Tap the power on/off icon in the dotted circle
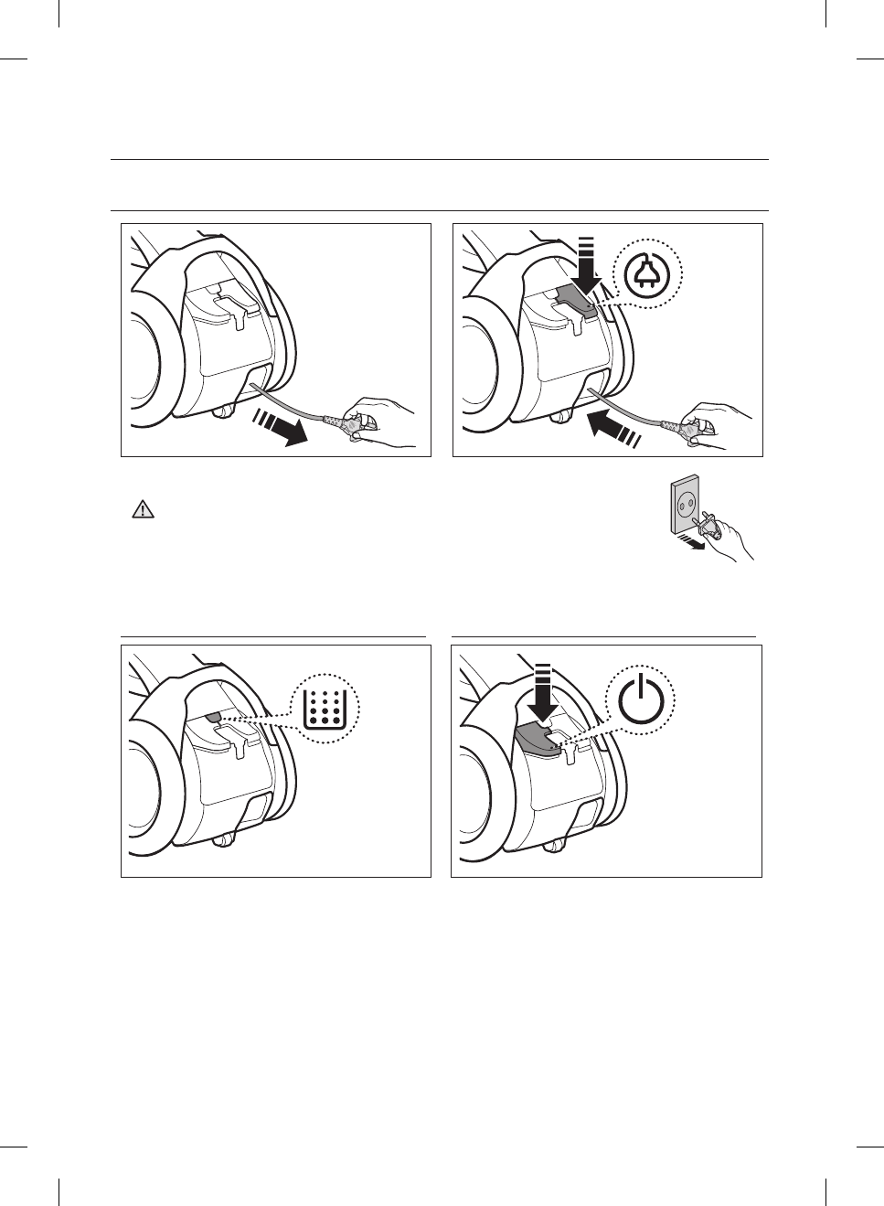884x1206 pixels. click(642, 701)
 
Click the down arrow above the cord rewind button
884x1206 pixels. click(585, 266)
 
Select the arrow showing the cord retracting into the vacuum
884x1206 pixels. click(613, 427)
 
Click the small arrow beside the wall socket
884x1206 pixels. click(692, 543)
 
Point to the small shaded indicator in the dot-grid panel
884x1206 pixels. click(212, 718)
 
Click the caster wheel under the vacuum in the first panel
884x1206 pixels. click(220, 412)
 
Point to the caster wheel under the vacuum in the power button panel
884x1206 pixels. click(552, 844)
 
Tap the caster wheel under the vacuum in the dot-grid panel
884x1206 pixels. click(220, 840)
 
